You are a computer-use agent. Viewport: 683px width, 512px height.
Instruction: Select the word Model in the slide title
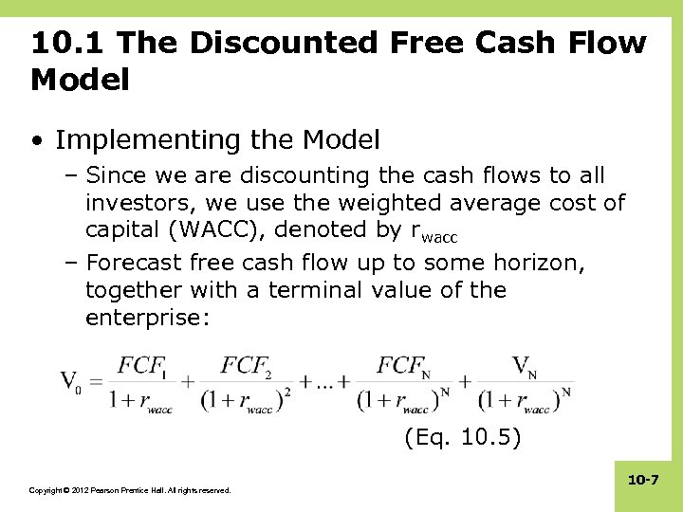click(80, 81)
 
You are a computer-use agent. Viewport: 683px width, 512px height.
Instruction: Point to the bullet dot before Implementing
click(37, 141)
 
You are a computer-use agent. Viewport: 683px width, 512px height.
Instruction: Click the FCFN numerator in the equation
click(403, 366)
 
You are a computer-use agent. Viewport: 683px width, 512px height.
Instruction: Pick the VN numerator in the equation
click(525, 366)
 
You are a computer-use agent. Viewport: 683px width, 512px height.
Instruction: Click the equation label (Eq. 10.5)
click(461, 438)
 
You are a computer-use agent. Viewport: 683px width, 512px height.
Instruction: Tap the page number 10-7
click(642, 483)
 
